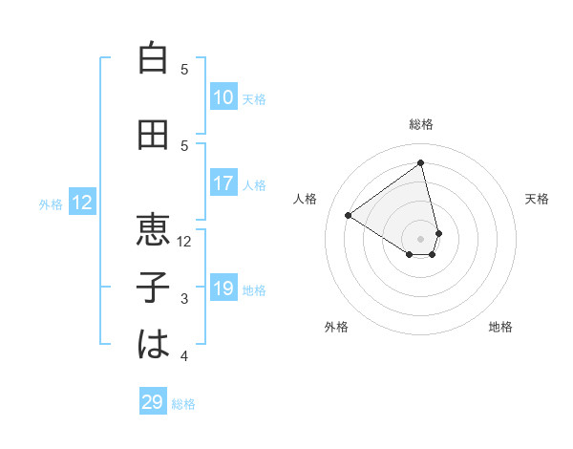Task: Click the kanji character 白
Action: tap(153, 58)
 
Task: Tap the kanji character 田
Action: tap(153, 136)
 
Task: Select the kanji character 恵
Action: tap(153, 229)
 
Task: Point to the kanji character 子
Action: tap(153, 288)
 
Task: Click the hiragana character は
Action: tap(153, 344)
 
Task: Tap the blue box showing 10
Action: tap(223, 97)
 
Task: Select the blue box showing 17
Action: tap(223, 183)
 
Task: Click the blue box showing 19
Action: tap(223, 289)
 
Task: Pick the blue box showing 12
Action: tap(82, 203)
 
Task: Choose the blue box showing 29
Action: tap(153, 402)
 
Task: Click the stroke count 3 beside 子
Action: tap(184, 299)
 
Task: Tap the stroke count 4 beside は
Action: tap(184, 356)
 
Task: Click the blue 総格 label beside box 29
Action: tap(183, 404)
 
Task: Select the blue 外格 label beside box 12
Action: tap(51, 203)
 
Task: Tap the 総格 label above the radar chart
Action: tap(421, 124)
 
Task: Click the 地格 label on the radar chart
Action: tap(500, 327)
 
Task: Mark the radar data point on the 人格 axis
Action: tap(348, 215)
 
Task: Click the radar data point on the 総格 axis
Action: tap(421, 162)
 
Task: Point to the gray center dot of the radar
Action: tap(421, 238)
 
